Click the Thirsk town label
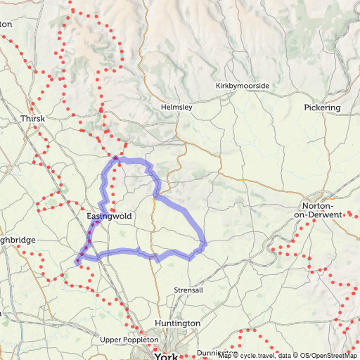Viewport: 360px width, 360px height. (x=33, y=119)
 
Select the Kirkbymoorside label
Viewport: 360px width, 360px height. (x=243, y=86)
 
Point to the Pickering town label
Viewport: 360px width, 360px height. (x=322, y=108)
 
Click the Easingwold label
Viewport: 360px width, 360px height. (x=109, y=216)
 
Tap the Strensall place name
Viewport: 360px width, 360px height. (x=188, y=290)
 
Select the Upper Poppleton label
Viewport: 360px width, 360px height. (x=129, y=340)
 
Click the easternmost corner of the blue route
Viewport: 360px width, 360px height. (x=205, y=245)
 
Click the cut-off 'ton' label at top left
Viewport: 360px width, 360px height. (x=6, y=23)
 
